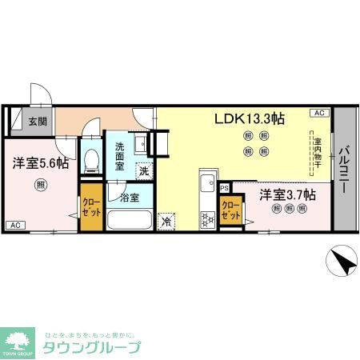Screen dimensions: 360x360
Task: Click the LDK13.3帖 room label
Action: coord(249,118)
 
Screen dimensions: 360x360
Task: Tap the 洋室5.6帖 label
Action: coord(38,162)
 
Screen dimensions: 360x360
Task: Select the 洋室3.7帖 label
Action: coord(286,194)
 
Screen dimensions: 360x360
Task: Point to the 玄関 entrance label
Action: coord(38,122)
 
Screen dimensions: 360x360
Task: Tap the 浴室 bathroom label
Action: coord(130,196)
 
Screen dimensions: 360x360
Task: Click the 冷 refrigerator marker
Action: coord(167,221)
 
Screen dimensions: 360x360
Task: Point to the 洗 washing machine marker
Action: coord(144,170)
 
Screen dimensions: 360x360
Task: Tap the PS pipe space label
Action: coord(225,188)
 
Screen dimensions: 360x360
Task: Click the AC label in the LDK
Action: coord(318,113)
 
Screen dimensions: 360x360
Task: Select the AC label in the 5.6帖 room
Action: coord(15,226)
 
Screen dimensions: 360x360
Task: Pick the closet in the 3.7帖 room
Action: coord(230,211)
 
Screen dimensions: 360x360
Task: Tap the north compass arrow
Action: coord(341,261)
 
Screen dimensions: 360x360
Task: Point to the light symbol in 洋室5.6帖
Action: coord(39,186)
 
